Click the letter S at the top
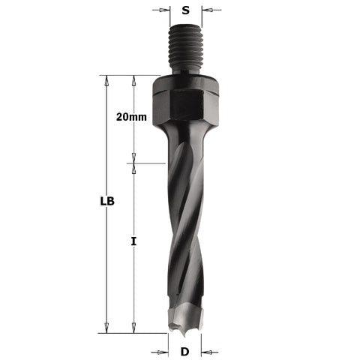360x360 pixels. pos(186,11)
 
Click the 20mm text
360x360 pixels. pos(131,118)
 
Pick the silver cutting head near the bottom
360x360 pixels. pos(185,316)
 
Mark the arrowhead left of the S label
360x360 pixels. pos(167,11)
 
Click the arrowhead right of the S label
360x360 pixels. pos(206,11)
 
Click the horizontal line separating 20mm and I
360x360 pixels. pos(146,163)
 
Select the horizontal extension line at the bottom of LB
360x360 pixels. pos(135,333)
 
